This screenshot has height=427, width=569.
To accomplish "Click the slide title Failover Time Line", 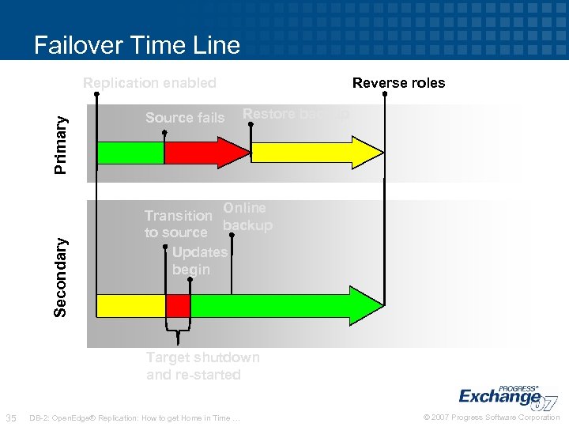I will coord(137,45).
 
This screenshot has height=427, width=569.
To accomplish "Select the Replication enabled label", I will coord(149,83).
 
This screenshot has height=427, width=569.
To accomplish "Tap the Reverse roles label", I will coord(398,83).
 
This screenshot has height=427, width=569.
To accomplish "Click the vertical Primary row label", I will coord(62,144).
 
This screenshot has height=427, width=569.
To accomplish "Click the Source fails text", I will coord(185,118).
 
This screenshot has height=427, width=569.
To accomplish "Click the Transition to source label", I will coord(177,224).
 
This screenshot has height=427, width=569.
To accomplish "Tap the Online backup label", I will coord(247,217).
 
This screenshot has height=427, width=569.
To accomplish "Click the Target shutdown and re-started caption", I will coord(202,366).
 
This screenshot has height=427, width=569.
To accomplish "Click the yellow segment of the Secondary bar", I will coord(130,305).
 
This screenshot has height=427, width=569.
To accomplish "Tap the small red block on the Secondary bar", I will coord(178,305).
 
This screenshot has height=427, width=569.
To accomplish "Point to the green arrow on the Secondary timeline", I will coord(277,305).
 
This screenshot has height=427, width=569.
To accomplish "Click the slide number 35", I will coord(11,417).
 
